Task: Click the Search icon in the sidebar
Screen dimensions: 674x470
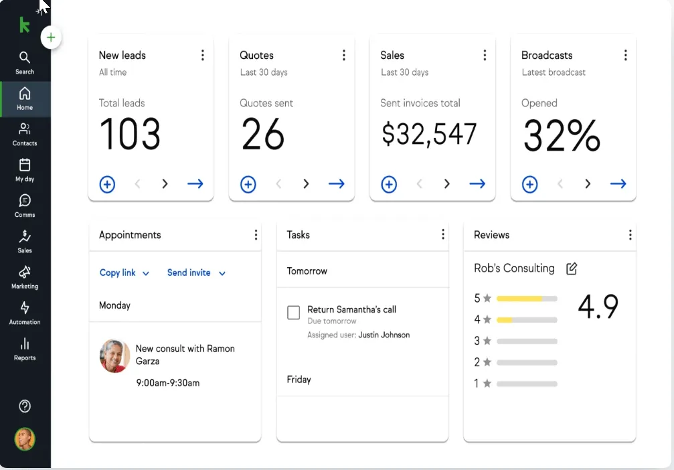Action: pyautogui.click(x=25, y=57)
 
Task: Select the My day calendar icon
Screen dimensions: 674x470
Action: pyautogui.click(x=25, y=165)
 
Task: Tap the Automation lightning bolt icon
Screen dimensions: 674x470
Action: pyautogui.click(x=25, y=307)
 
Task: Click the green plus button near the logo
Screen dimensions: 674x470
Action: pyautogui.click(x=51, y=37)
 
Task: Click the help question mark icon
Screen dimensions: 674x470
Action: pyautogui.click(x=25, y=406)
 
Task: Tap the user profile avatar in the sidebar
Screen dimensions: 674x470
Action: pyautogui.click(x=25, y=439)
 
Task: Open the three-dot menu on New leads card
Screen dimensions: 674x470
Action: pyautogui.click(x=202, y=55)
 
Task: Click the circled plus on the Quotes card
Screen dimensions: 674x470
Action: pyautogui.click(x=248, y=185)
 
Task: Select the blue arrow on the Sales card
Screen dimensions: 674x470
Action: pyautogui.click(x=477, y=184)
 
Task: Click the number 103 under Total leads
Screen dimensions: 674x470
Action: pyautogui.click(x=130, y=134)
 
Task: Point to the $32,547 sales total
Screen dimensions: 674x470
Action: pyautogui.click(x=429, y=134)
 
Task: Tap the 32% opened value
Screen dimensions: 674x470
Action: pyautogui.click(x=562, y=135)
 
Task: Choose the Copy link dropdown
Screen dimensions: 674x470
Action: pyautogui.click(x=124, y=272)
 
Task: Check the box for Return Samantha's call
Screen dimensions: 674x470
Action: pyautogui.click(x=294, y=313)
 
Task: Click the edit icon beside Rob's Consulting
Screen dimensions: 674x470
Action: pyautogui.click(x=572, y=268)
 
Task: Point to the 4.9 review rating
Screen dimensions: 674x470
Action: pyautogui.click(x=598, y=307)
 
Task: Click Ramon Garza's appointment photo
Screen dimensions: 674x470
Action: pyautogui.click(x=114, y=356)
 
